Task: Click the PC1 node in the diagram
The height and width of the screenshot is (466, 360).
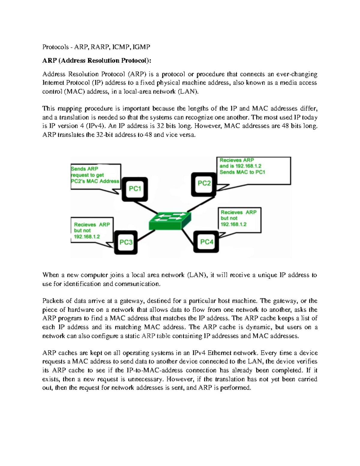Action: click(135, 189)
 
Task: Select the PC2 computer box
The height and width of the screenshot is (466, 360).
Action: click(204, 183)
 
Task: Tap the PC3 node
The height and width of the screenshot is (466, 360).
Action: click(126, 242)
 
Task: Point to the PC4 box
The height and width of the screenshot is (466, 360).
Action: click(206, 242)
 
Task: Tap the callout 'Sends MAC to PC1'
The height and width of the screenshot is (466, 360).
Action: click(242, 172)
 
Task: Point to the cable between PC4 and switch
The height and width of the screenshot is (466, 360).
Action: click(188, 236)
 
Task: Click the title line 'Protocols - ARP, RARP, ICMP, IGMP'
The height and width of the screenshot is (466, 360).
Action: click(96, 47)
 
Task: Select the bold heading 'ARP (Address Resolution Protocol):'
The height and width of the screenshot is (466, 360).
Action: click(97, 61)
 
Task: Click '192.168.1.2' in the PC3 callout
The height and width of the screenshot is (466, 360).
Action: click(87, 237)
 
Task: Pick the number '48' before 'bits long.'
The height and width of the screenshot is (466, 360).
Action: click(285, 126)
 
